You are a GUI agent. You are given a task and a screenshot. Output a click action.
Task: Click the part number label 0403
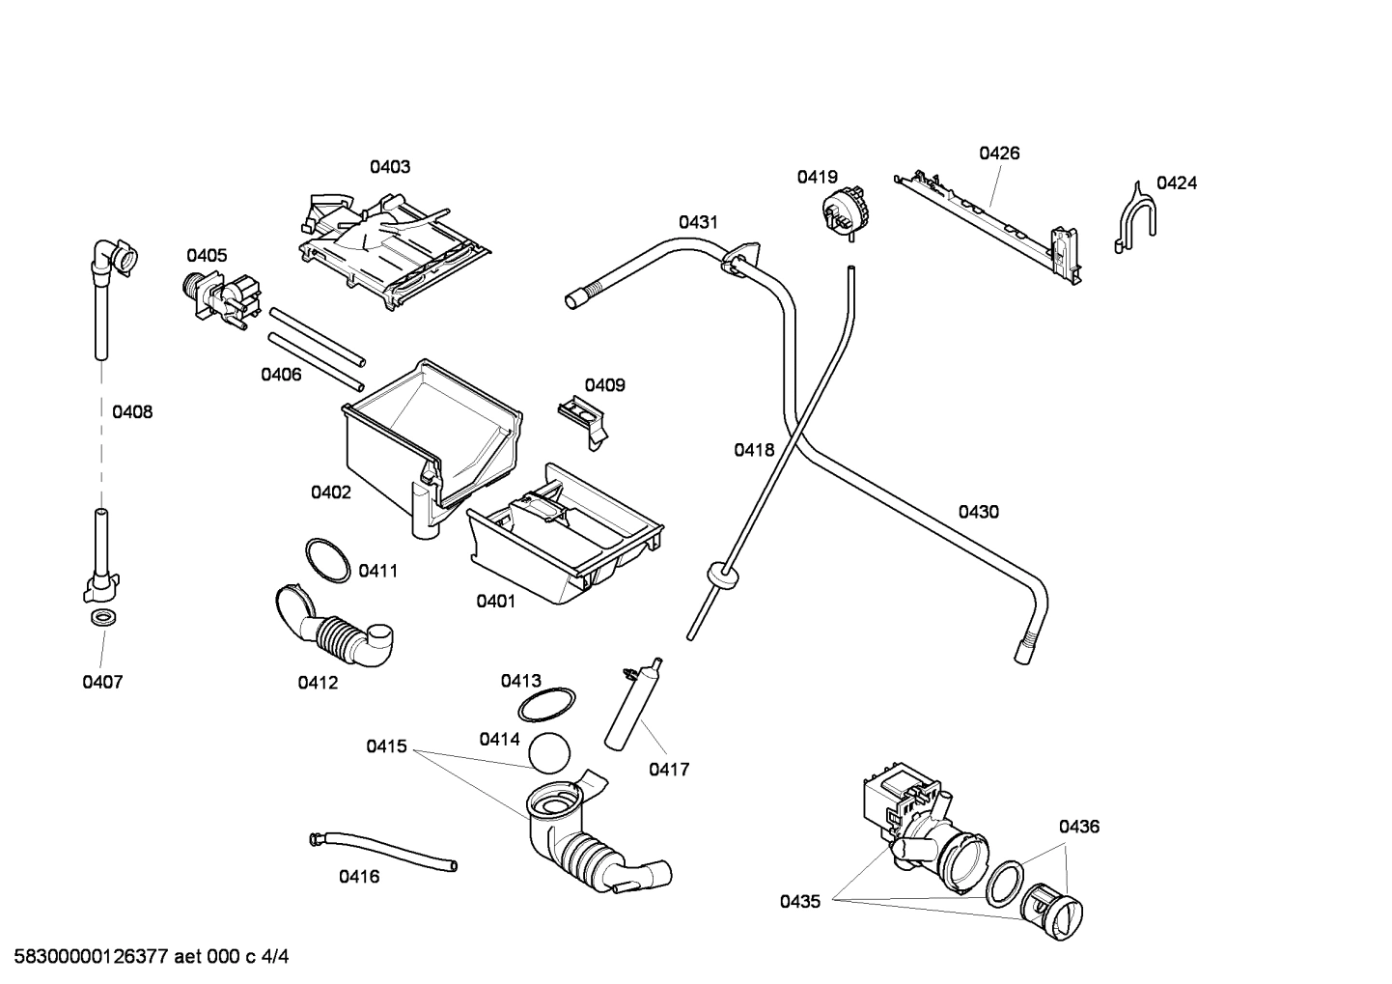pyautogui.click(x=390, y=166)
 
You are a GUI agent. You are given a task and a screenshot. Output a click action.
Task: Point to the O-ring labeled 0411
pyautogui.click(x=326, y=560)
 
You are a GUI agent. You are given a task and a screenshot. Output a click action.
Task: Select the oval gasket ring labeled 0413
pyautogui.click(x=546, y=705)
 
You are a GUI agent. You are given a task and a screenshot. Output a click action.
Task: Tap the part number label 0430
pyautogui.click(x=978, y=512)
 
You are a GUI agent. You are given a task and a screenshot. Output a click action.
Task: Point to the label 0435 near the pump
pyautogui.click(x=799, y=901)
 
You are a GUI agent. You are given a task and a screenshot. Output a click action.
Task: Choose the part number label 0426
pyautogui.click(x=999, y=153)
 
